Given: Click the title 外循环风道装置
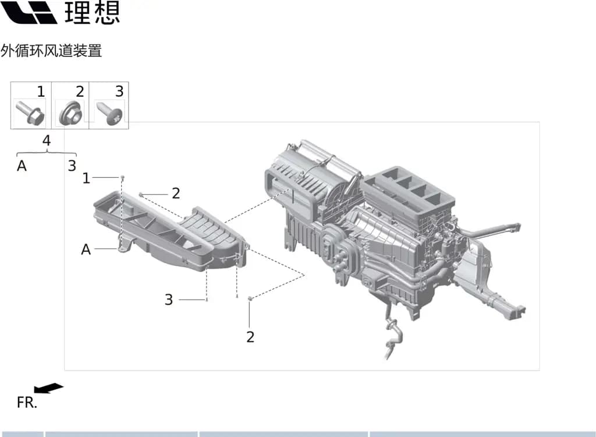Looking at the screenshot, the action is pyautogui.click(x=51, y=51).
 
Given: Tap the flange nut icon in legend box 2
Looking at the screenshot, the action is pyautogui.click(x=70, y=112).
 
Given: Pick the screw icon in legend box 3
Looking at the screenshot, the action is pyautogui.click(x=109, y=112).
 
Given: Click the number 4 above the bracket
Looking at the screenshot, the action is pyautogui.click(x=47, y=141).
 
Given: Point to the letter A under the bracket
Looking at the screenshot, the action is pyautogui.click(x=22, y=166).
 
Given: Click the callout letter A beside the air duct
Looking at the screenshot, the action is pyautogui.click(x=86, y=250).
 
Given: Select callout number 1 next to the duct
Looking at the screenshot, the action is pyautogui.click(x=86, y=178).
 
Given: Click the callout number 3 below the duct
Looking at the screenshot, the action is pyautogui.click(x=169, y=299).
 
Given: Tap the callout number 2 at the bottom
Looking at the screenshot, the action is pyautogui.click(x=250, y=337).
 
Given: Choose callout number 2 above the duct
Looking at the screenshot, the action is pyautogui.click(x=176, y=193).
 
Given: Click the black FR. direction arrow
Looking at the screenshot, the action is pyautogui.click(x=49, y=388).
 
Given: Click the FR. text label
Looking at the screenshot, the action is pyautogui.click(x=27, y=403).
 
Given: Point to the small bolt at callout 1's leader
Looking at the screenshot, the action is pyautogui.click(x=122, y=177).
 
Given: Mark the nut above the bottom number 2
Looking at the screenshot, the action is pyautogui.click(x=250, y=298).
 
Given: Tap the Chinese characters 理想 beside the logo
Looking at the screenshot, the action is pyautogui.click(x=93, y=12).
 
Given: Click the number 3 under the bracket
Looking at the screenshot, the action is pyautogui.click(x=72, y=166).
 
